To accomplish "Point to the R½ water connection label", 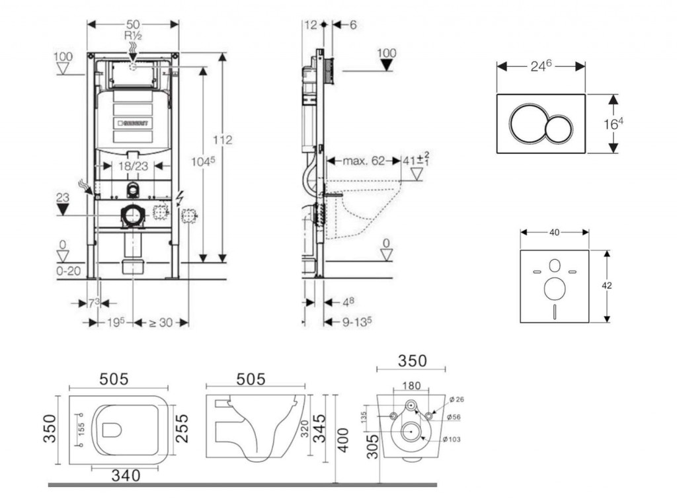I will point(133,36).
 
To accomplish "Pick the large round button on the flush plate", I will point(527,123).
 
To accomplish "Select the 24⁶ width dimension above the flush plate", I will point(540,65).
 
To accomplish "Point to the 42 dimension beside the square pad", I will point(607,286).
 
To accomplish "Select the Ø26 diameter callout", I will point(456,399).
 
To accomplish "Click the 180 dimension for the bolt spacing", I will point(411,385).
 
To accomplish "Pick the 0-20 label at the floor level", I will point(68,271).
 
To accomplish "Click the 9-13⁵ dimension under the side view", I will point(356,322).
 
